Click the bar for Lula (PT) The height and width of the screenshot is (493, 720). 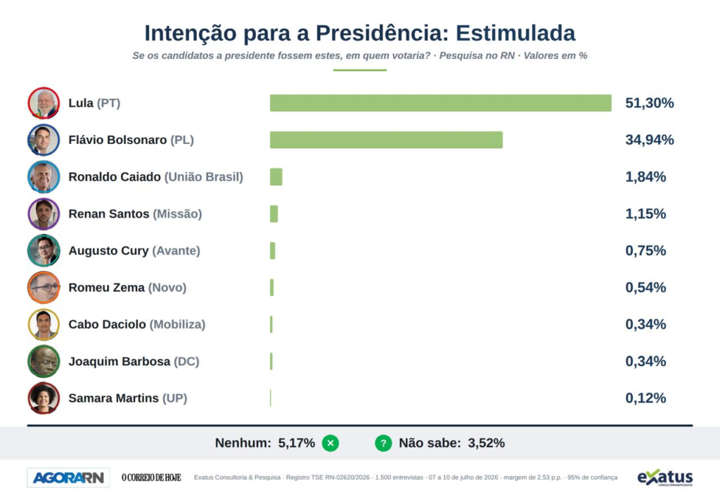pyautogui.click(x=440, y=103)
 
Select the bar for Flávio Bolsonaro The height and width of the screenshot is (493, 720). pyautogui.click(x=386, y=140)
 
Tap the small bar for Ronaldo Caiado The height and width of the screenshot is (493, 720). pyautogui.click(x=276, y=177)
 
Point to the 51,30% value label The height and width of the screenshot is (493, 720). pyautogui.click(x=649, y=103)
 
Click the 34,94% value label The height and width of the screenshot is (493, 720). pyautogui.click(x=649, y=140)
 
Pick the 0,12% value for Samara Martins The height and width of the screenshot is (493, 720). pyautogui.click(x=645, y=398)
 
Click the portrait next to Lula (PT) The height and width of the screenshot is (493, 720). pyautogui.click(x=44, y=103)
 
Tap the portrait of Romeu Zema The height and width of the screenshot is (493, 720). pyautogui.click(x=44, y=287)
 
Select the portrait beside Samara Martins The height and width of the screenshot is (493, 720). pyautogui.click(x=44, y=398)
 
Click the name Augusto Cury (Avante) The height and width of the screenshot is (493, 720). pyautogui.click(x=134, y=251)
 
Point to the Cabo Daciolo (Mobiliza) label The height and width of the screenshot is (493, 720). pyautogui.click(x=137, y=324)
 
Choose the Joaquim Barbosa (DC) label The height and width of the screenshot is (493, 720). pyautogui.click(x=134, y=362)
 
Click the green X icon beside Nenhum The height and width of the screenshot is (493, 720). pyautogui.click(x=330, y=443)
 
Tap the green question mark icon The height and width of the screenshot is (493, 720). pyautogui.click(x=383, y=443)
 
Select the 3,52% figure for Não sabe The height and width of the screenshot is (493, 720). pyautogui.click(x=487, y=443)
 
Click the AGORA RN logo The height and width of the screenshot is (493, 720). pyautogui.click(x=68, y=478)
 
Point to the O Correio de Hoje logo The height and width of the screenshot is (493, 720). pyautogui.click(x=151, y=478)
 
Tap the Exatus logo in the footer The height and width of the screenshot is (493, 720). pyautogui.click(x=665, y=478)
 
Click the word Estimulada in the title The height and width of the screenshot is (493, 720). pyautogui.click(x=515, y=33)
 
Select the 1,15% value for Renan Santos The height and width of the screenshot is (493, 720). pyautogui.click(x=645, y=213)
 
